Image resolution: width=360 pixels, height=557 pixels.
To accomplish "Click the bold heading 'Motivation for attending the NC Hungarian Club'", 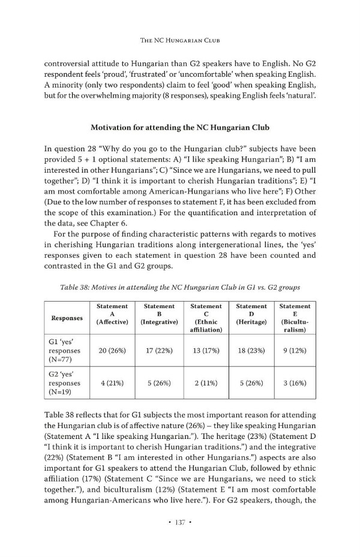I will click(179, 128).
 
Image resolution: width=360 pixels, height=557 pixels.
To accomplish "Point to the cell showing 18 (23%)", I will click(252, 351).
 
